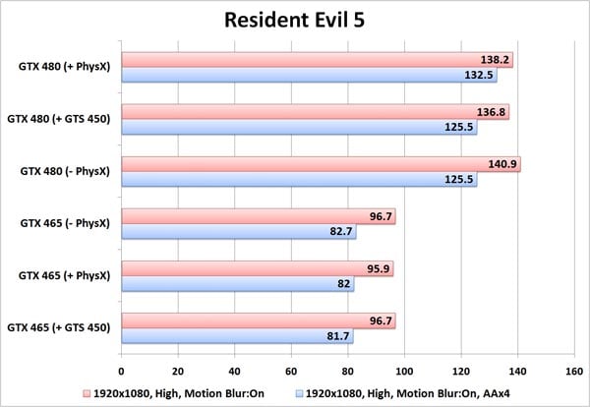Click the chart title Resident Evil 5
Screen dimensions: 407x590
[294, 21]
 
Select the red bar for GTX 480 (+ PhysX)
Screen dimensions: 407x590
[315, 60]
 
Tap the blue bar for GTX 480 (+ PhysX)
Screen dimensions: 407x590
[307, 75]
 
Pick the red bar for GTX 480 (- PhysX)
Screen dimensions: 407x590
[319, 164]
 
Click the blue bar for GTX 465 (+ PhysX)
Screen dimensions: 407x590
[236, 283]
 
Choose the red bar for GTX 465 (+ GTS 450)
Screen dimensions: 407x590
[257, 320]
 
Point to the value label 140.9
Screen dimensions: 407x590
[501, 164]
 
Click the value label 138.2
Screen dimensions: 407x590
[494, 60]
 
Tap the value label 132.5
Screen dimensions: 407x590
[478, 75]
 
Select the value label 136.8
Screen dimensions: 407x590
[490, 112]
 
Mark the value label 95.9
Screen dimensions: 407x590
[376, 268]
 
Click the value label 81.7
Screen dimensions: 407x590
[336, 335]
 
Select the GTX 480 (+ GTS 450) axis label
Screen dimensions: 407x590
[58, 120]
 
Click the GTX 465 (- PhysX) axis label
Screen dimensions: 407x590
[65, 224]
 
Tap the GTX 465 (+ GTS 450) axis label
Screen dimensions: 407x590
[58, 328]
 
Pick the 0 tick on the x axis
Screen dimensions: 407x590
[121, 372]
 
